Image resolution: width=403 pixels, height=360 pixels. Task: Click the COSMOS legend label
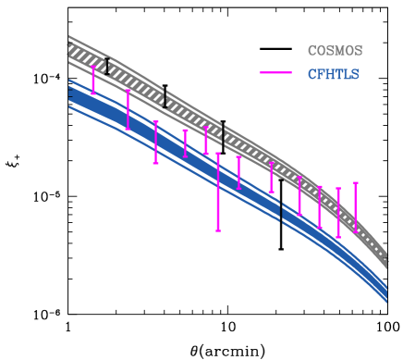click(x=335, y=51)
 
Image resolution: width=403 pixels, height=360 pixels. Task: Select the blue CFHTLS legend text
click(x=333, y=74)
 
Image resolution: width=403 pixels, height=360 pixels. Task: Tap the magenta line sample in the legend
click(x=275, y=73)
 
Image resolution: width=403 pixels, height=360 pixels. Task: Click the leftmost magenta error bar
click(x=93, y=80)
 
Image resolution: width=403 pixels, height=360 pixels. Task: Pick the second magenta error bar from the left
click(x=128, y=109)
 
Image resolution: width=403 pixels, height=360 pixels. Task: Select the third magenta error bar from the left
click(x=155, y=142)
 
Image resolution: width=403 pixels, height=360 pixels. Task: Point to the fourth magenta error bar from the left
click(x=185, y=143)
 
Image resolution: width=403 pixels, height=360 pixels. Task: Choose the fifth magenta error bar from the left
click(x=206, y=140)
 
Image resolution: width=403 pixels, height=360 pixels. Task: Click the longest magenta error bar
click(x=218, y=192)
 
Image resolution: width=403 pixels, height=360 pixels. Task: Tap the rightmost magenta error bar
click(x=355, y=207)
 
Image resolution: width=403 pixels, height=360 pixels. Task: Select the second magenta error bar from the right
click(x=337, y=213)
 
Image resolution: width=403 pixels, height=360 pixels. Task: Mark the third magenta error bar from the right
click(x=320, y=206)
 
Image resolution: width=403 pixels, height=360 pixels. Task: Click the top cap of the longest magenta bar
click(x=218, y=154)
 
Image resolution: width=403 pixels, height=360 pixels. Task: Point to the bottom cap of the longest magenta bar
click(x=218, y=230)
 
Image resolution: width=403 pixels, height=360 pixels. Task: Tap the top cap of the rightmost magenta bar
click(x=355, y=183)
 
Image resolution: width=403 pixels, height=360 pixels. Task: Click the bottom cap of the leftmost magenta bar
click(x=93, y=93)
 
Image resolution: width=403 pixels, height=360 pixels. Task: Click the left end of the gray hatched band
click(x=70, y=48)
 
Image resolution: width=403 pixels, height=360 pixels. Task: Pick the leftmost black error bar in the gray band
click(x=107, y=67)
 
